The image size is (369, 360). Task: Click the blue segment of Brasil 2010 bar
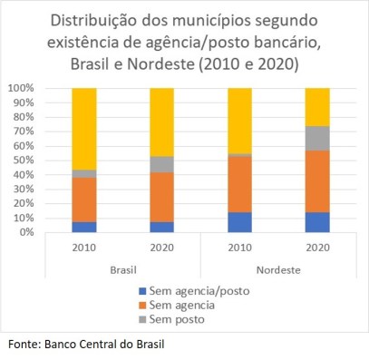85,227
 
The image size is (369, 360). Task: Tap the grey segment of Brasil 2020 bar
162,164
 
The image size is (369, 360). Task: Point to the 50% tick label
22,161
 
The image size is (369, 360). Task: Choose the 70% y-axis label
22,131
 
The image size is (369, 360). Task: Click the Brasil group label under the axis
124,270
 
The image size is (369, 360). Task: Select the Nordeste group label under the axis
279,270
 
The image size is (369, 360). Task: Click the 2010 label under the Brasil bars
85,247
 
